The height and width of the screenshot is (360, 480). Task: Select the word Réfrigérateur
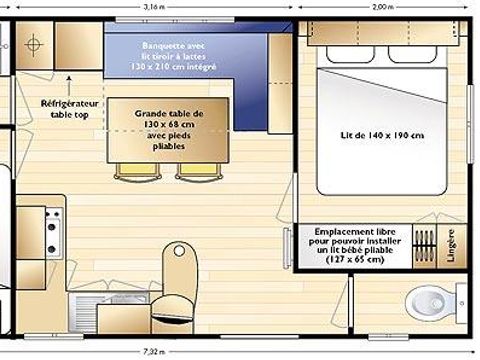click(69, 103)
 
